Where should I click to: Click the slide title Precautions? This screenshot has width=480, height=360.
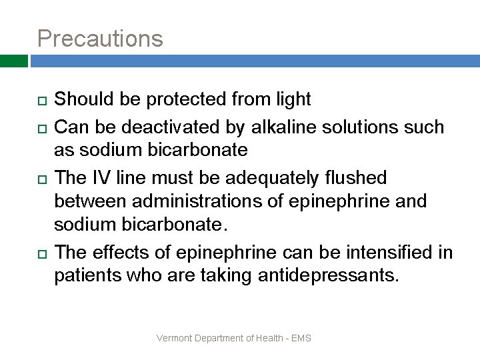[x=100, y=38]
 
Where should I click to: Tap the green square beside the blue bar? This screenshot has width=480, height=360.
[x=13, y=61]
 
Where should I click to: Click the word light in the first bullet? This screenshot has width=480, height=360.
[x=293, y=99]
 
